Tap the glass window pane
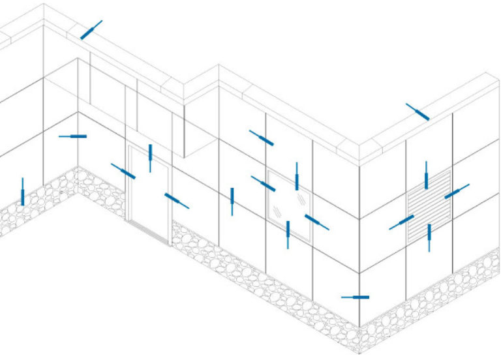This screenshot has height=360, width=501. pyautogui.click(x=287, y=202)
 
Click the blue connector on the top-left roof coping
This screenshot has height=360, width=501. pyautogui.click(x=91, y=29)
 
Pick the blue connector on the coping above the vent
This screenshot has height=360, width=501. pyautogui.click(x=417, y=112)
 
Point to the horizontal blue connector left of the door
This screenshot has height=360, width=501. pyautogui.click(x=73, y=136)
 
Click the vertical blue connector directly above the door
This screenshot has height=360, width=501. pyautogui.click(x=150, y=157)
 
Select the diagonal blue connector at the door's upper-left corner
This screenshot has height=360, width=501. pyautogui.click(x=123, y=172)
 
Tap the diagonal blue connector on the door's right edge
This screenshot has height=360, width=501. pyautogui.click(x=176, y=200)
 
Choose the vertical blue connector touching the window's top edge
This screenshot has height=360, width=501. pyautogui.click(x=297, y=176)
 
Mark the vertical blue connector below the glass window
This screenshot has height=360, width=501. pyautogui.click(x=288, y=233)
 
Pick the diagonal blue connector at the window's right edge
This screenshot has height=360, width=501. pyautogui.click(x=316, y=222)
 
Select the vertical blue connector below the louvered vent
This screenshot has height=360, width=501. pyautogui.click(x=429, y=237)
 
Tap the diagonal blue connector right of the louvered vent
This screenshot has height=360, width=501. pyautogui.click(x=456, y=192)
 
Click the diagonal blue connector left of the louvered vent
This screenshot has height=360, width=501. pyautogui.click(x=402, y=222)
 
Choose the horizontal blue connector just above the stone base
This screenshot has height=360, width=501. pyautogui.click(x=356, y=297)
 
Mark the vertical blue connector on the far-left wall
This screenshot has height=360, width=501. pyautogui.click(x=23, y=191)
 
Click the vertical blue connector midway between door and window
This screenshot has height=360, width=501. pyautogui.click(x=232, y=201)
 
